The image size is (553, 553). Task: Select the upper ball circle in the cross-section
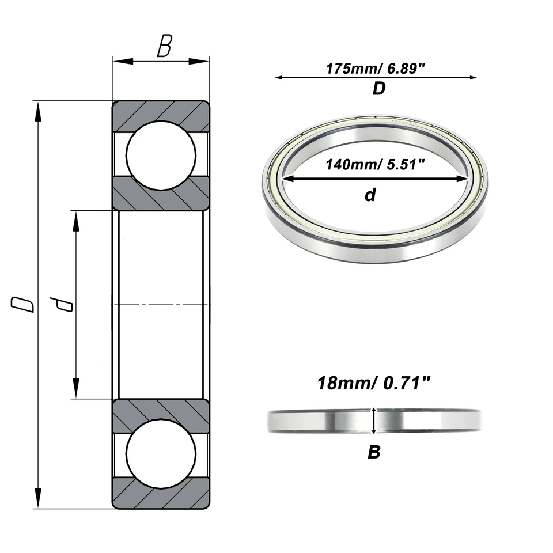pos(161,156)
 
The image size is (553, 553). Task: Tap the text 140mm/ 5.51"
pos(375,165)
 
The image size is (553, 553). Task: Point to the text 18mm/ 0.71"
pos(374,383)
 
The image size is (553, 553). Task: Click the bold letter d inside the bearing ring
pos(370,195)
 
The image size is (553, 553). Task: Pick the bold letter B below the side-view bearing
pos(374,453)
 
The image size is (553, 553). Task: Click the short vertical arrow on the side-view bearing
pos(374,421)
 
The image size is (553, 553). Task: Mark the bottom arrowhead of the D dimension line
pos(39,498)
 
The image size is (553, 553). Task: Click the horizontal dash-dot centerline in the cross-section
pos(161,304)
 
